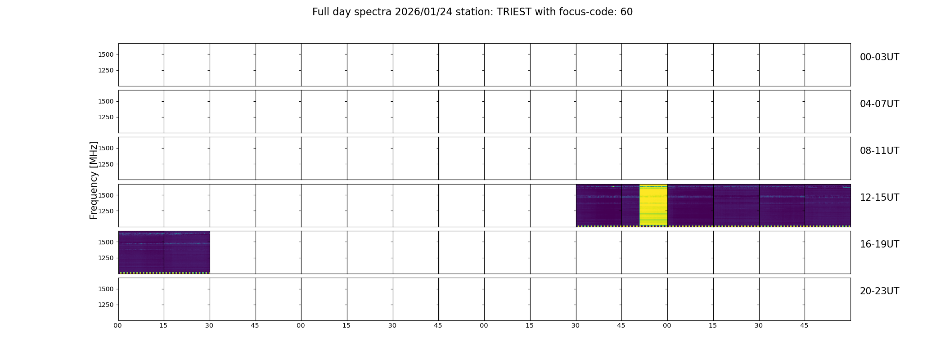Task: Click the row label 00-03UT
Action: pos(879,57)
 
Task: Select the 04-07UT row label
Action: pos(879,104)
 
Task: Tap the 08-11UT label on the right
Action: pos(879,151)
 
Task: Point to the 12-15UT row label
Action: pos(879,198)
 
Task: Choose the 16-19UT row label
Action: pos(879,244)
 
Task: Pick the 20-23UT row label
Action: pos(879,291)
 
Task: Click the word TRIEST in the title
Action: pos(514,12)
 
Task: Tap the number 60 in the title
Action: pos(626,12)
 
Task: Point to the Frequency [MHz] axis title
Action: pos(94,180)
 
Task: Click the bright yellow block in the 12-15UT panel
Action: pos(653,205)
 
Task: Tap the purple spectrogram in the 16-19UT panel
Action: pos(164,252)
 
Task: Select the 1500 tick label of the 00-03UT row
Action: pos(106,54)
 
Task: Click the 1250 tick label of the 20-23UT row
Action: pos(106,305)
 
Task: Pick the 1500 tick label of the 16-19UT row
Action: pos(106,242)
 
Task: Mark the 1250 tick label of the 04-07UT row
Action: pos(106,117)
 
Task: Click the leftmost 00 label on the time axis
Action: pos(118,325)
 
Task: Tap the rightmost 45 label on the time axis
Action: pos(805,325)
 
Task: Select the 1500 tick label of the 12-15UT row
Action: pos(106,195)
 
